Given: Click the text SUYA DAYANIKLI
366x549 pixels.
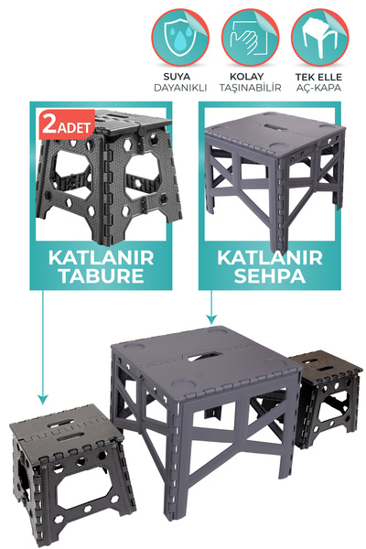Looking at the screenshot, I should [x=179, y=81].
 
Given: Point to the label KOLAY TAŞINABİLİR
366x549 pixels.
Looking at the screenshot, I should [x=249, y=81].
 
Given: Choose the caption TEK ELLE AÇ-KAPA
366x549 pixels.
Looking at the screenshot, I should [x=319, y=81].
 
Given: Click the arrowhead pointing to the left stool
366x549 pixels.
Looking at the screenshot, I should [x=40, y=399].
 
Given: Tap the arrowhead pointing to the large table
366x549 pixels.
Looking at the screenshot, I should [x=212, y=321].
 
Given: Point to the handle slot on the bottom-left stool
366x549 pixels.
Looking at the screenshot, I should [x=60, y=423].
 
